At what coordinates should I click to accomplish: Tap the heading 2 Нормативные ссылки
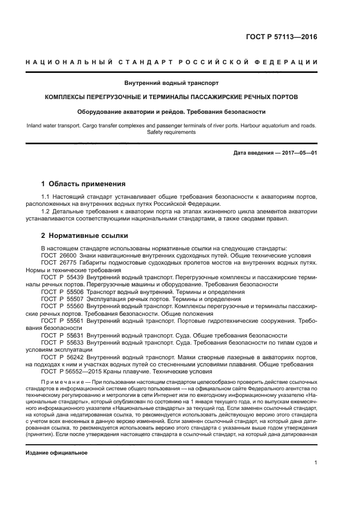[x=85, y=236]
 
